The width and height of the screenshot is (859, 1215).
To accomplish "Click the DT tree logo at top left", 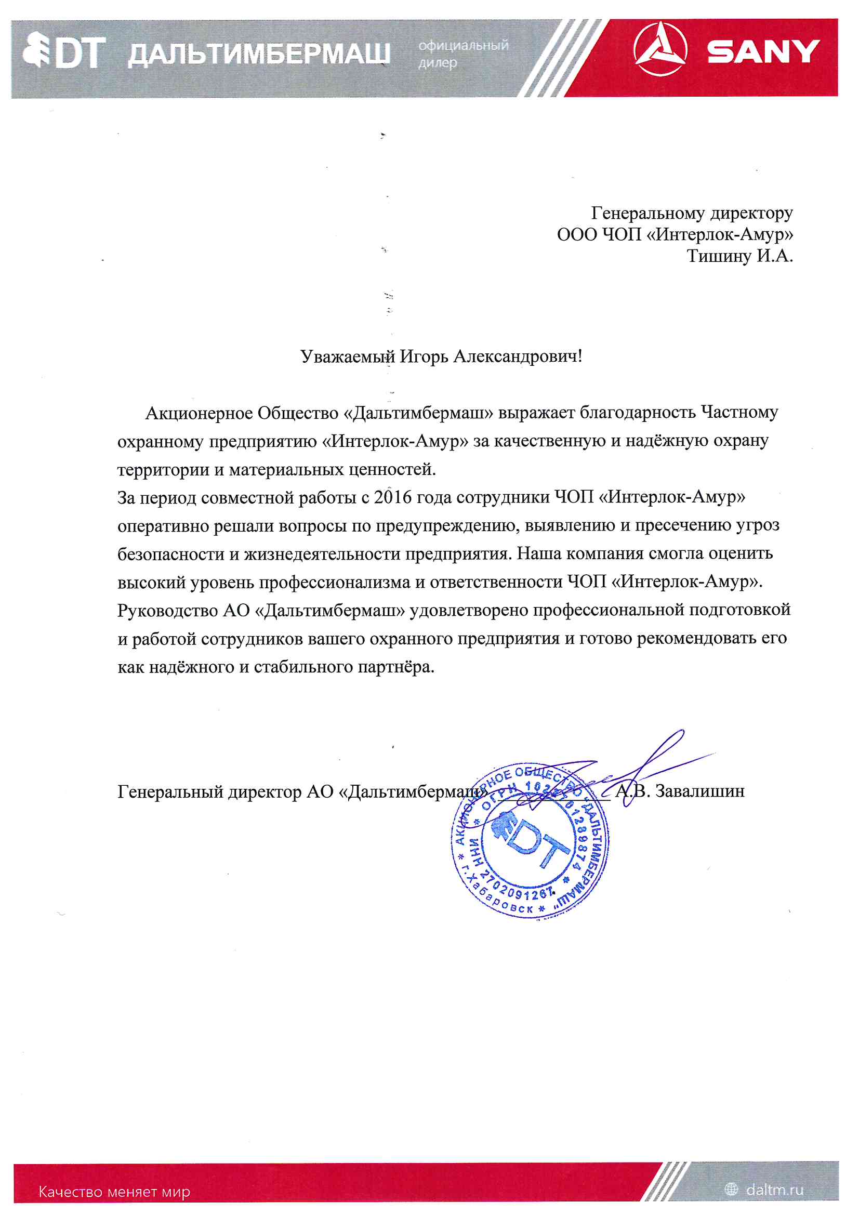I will coord(63,51).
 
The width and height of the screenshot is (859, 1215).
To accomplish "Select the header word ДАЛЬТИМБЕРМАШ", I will coord(259,54).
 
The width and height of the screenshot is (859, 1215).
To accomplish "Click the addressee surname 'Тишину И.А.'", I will coord(739,256).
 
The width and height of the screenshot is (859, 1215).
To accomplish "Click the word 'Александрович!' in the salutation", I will coord(518,356).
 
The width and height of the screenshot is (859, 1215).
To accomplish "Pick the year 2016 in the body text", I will coord(392,497).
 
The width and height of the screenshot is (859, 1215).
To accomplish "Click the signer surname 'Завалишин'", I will coord(699,791).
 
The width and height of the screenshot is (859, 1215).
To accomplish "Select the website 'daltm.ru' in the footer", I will coord(774,1190).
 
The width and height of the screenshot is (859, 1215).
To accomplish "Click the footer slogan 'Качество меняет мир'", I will coord(114,1192).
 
